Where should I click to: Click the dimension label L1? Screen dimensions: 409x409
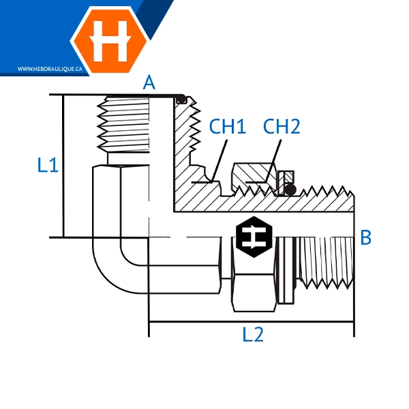[x=48, y=165]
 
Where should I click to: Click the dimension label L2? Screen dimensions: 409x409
[x=253, y=335]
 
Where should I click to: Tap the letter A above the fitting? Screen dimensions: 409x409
[x=149, y=83]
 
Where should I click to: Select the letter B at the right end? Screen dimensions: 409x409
[x=365, y=238]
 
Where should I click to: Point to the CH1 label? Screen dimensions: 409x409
[x=227, y=126]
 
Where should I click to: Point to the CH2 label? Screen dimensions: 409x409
[x=282, y=126]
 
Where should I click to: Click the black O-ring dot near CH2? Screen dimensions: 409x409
[x=290, y=189]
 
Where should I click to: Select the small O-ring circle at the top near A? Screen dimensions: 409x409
[x=181, y=100]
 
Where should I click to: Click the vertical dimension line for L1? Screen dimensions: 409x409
[x=63, y=166]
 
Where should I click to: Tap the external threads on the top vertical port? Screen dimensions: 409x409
[x=123, y=126]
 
